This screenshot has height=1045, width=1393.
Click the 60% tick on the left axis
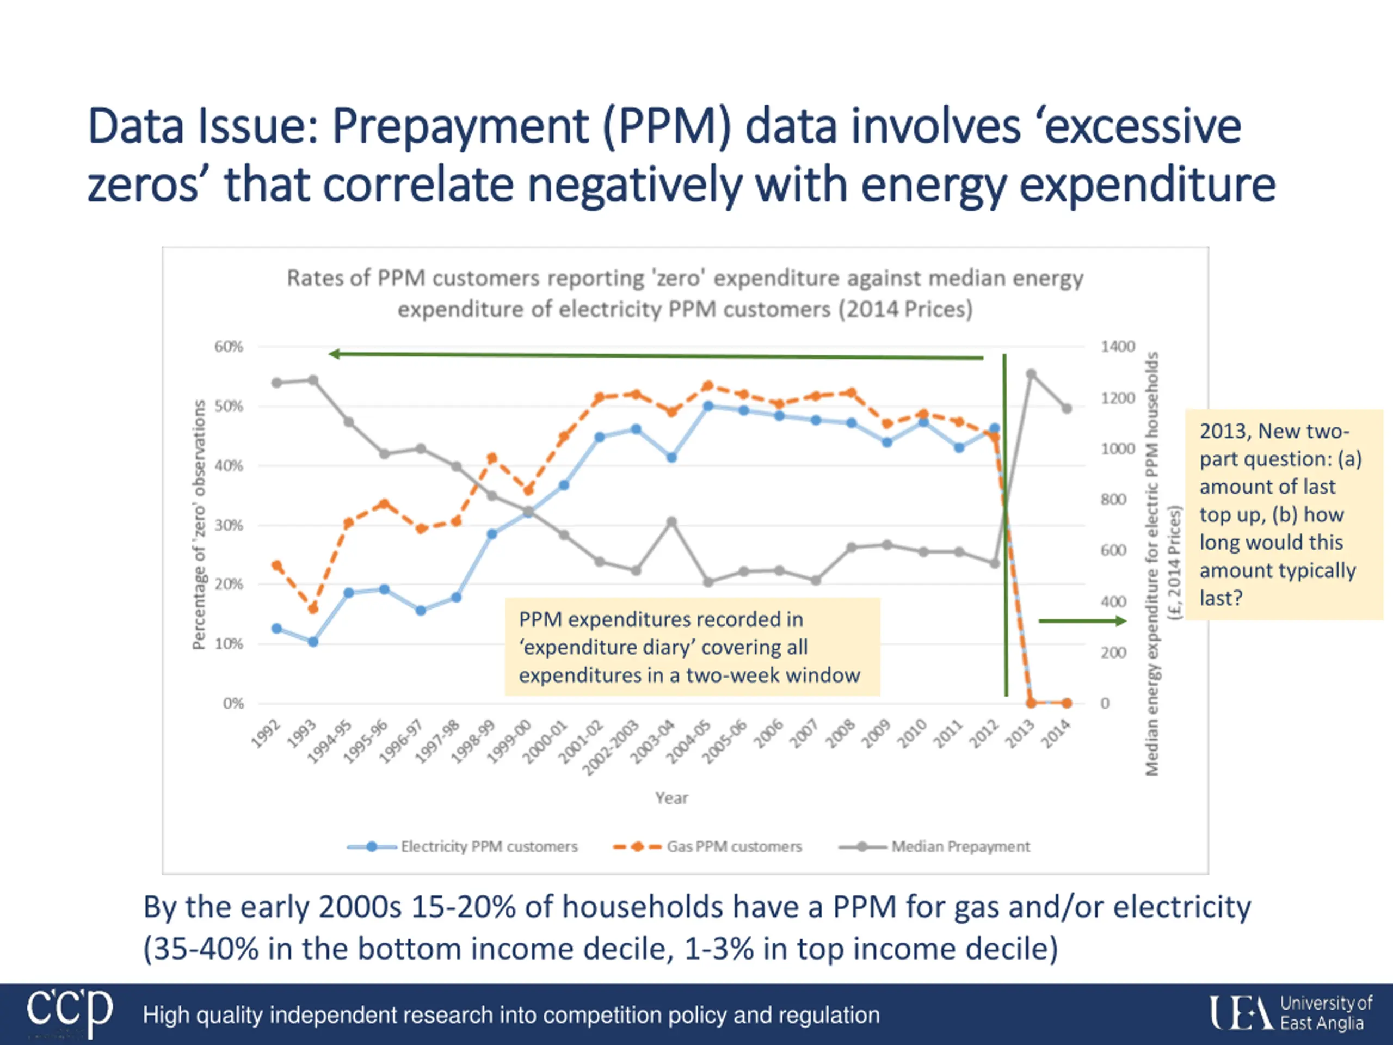tap(228, 347)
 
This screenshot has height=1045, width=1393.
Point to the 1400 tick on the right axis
tap(1117, 347)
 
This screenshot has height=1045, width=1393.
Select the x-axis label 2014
tap(1056, 734)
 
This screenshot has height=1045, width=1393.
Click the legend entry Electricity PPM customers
tap(489, 846)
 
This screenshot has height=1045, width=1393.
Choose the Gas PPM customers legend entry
tap(734, 846)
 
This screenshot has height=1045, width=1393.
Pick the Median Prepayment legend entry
tap(960, 846)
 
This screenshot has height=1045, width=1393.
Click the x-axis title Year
tap(671, 798)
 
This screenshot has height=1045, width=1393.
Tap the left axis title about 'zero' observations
tap(199, 524)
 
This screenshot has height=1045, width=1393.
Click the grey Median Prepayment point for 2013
tap(1031, 374)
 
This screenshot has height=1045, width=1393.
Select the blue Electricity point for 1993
tap(313, 641)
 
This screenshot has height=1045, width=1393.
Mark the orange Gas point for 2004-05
tap(708, 385)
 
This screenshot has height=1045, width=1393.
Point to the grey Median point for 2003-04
tap(672, 521)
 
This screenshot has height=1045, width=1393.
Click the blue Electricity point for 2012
tap(994, 428)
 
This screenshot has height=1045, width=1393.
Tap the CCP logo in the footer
tap(69, 1012)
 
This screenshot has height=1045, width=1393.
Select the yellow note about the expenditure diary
tap(692, 647)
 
